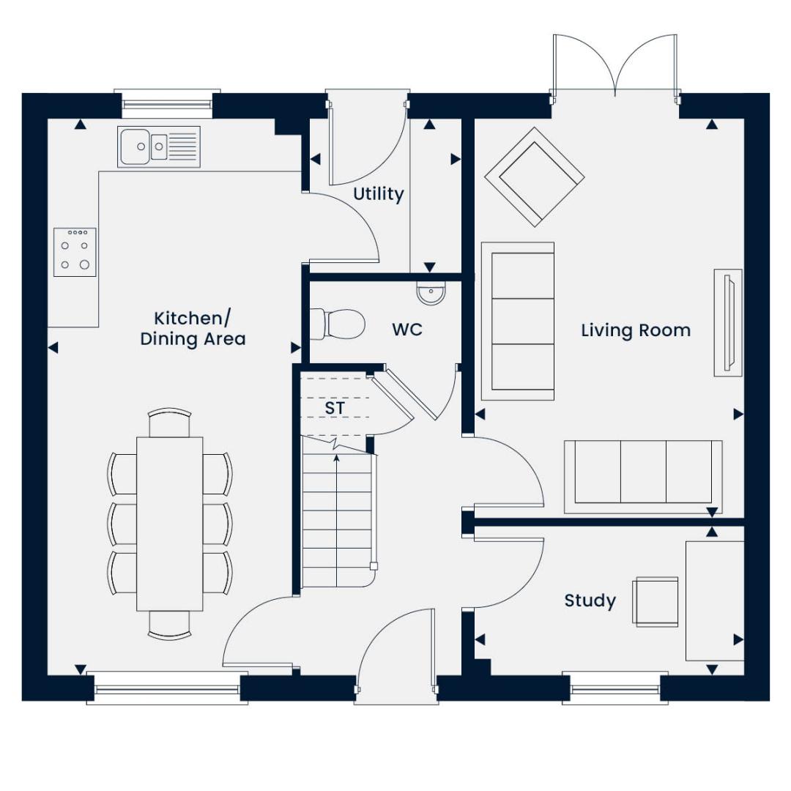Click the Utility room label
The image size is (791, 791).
coord(378,194)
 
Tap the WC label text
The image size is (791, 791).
coord(406,330)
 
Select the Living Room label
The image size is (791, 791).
coord(635,330)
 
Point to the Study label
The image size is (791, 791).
coord(590,601)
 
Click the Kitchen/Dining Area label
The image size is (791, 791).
coord(193,329)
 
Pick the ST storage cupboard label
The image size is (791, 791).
coord(335,408)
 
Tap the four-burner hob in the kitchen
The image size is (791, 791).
coord(75,252)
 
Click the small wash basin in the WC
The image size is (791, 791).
coord(431,294)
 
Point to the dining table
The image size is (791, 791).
coord(170,523)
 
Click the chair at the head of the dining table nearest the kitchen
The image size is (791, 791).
coord(170,423)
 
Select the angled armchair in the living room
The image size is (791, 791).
coord(535,177)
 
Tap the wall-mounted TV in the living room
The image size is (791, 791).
coord(728,323)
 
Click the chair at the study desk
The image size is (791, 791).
coord(656,601)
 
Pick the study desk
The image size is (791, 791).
coord(714,601)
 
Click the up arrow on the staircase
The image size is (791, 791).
coord(336,459)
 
